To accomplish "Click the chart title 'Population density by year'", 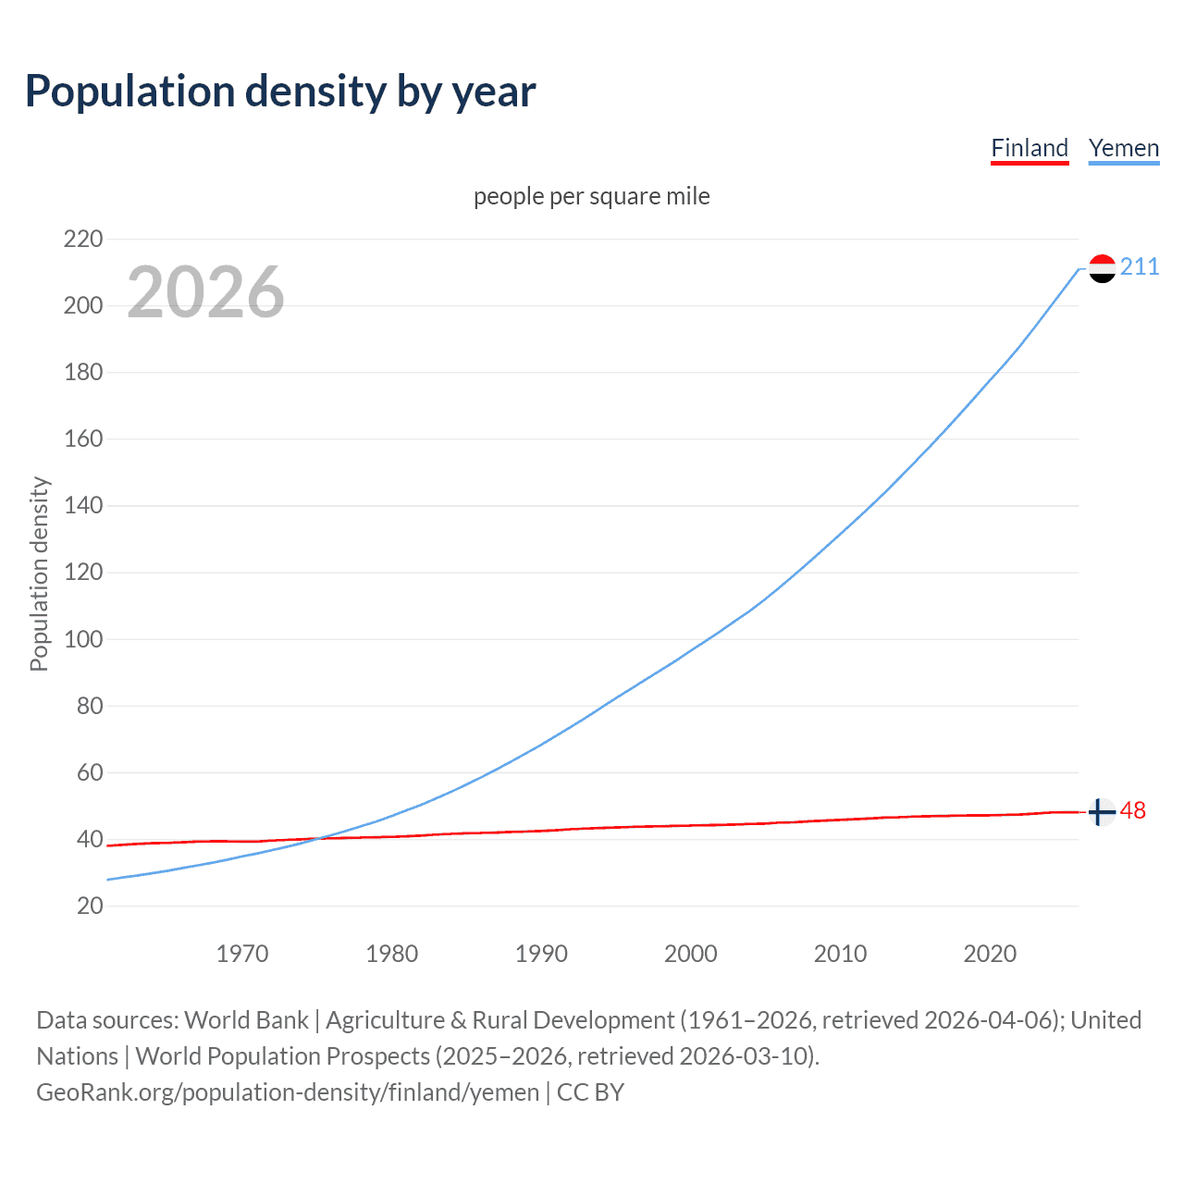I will (x=280, y=92).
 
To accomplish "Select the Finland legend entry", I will (x=1030, y=148).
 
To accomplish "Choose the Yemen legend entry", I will (x=1124, y=148).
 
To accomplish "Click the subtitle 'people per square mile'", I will (x=592, y=196).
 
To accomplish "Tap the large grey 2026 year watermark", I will (x=205, y=292).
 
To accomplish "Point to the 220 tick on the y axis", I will (x=83, y=240).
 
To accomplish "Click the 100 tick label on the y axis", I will (x=83, y=639).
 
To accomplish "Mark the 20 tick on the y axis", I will (x=90, y=906).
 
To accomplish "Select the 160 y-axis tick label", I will (x=83, y=439).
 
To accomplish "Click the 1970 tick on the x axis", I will (x=242, y=954).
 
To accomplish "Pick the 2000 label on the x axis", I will (x=691, y=954).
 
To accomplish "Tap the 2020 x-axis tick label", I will (x=990, y=954).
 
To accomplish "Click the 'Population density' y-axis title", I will (x=39, y=573).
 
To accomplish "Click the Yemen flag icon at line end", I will (x=1102, y=268).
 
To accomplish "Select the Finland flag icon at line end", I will (x=1101, y=812).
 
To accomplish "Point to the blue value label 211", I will (x=1140, y=267).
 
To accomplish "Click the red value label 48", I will (x=1133, y=811).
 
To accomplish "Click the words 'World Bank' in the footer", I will (x=246, y=1020).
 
